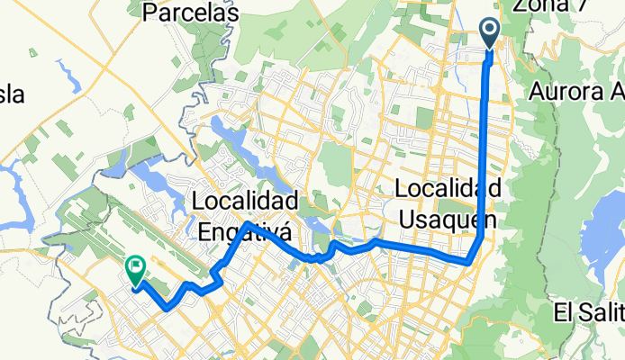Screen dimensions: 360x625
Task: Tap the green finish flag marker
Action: tap(136, 267)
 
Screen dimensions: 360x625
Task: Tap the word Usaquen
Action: tap(446, 220)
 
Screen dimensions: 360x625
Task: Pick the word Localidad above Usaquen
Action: tap(448, 190)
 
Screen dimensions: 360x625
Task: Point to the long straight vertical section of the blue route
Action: tap(487, 135)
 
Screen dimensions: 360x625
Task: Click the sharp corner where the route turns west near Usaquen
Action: tap(468, 263)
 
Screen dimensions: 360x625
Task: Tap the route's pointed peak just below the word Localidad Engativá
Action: tap(246, 221)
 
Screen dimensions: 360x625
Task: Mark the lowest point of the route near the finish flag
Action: tap(167, 308)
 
